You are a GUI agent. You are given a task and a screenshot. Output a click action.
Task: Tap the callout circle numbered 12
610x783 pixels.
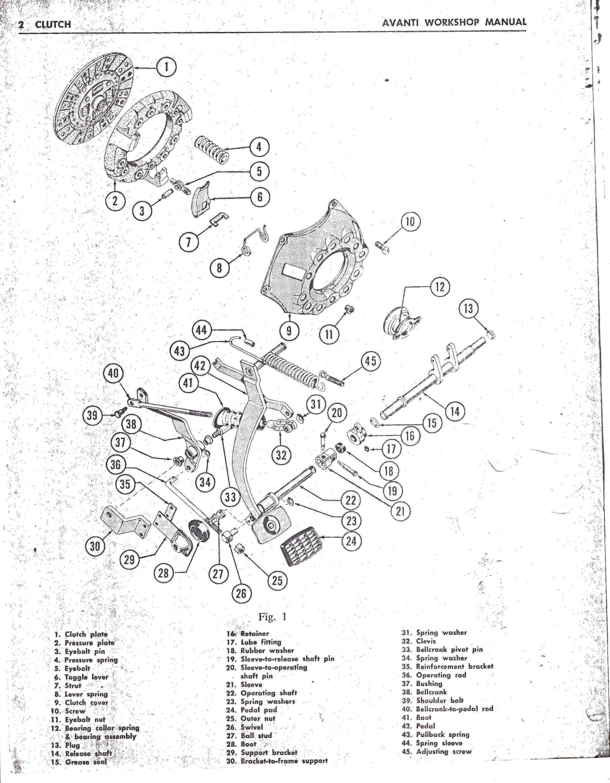click(x=439, y=287)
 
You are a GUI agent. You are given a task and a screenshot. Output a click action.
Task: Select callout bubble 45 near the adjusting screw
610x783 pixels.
click(x=371, y=361)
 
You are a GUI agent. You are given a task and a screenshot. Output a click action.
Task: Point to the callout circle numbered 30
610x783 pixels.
click(x=95, y=546)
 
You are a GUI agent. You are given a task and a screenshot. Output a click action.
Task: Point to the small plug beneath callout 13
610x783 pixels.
click(x=491, y=334)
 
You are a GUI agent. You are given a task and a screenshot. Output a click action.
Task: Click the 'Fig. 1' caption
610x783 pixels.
click(x=272, y=616)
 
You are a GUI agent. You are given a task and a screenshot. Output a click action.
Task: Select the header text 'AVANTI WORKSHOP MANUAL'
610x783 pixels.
click(x=453, y=23)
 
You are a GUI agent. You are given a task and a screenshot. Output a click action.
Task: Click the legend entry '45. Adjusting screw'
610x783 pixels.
click(x=436, y=751)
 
